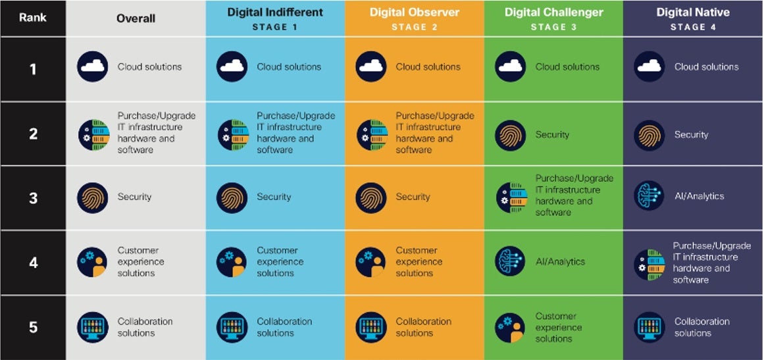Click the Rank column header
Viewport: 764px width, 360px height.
coord(33,18)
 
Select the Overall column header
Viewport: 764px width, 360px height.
coord(136,18)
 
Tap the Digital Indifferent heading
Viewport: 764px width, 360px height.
coord(274,13)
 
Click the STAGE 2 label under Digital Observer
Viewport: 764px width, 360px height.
coord(414,27)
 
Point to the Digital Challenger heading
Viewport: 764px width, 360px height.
coord(553,13)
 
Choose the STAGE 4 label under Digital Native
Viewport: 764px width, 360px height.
coord(692,27)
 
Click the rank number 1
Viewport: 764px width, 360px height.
coord(33,68)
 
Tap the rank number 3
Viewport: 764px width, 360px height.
coord(33,197)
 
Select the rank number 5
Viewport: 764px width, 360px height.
coord(33,327)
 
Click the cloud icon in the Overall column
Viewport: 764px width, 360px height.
coord(92,67)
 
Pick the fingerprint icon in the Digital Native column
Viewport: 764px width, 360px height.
coord(649,135)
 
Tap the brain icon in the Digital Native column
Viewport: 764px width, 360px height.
coord(649,196)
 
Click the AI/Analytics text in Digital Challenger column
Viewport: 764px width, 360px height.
coord(560,262)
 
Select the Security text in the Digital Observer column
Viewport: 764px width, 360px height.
coord(413,197)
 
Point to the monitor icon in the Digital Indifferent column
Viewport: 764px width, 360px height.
coord(232,327)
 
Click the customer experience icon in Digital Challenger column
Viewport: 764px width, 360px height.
coord(510,327)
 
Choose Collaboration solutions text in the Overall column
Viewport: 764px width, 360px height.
coord(145,327)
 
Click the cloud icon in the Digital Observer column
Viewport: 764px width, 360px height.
coord(371,67)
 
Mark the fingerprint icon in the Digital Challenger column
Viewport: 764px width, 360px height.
coord(510,135)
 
